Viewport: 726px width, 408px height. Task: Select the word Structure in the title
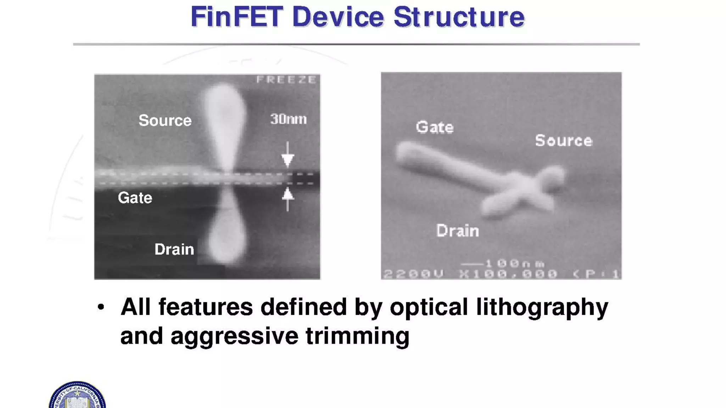(459, 17)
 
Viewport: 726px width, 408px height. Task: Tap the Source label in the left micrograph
(165, 120)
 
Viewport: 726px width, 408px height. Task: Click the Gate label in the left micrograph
(135, 198)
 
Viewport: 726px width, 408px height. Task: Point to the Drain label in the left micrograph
(174, 249)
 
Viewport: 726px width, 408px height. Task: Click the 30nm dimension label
(288, 119)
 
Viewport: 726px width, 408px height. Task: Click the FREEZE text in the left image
(286, 80)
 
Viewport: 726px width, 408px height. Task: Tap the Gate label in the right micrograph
(435, 127)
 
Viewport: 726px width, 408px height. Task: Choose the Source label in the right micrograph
(564, 141)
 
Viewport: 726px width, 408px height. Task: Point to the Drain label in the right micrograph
(458, 231)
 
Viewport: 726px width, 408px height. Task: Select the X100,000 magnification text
(508, 274)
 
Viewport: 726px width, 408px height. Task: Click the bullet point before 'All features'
(101, 307)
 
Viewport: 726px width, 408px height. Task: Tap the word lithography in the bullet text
(542, 307)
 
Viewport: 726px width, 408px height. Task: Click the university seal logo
(77, 396)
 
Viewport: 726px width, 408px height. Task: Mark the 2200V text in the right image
(413, 274)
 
